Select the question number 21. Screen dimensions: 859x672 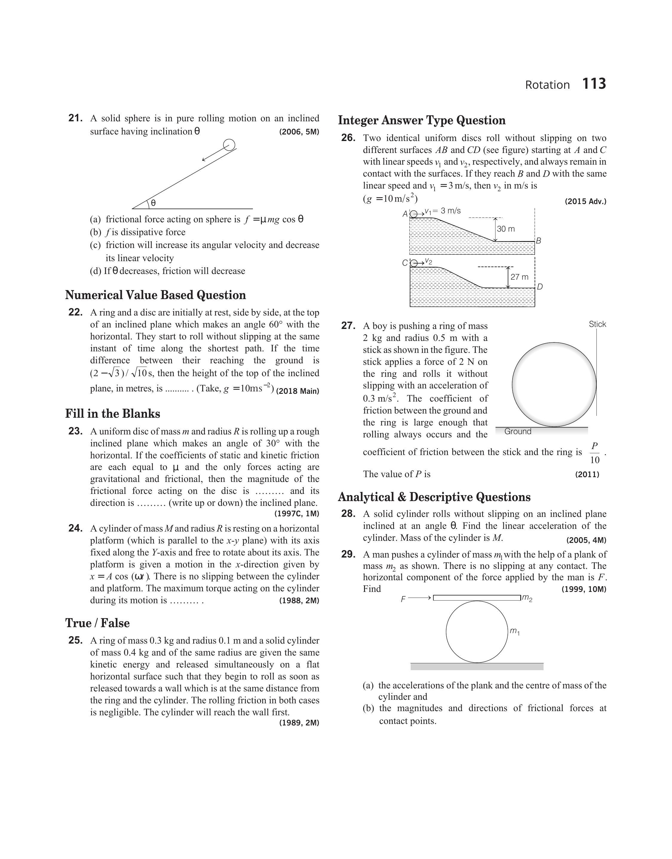pyautogui.click(x=76, y=118)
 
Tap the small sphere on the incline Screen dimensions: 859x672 pyautogui.click(x=229, y=145)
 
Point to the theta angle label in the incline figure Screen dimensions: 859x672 pyautogui.click(x=153, y=203)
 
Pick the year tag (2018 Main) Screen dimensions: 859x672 pyautogui.click(x=297, y=391)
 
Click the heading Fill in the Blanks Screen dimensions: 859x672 pyautogui.click(x=113, y=414)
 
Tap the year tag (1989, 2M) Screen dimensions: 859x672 pyautogui.click(x=299, y=723)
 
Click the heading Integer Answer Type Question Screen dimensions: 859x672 pyautogui.click(x=422, y=120)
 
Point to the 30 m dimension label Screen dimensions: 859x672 pyautogui.click(x=506, y=229)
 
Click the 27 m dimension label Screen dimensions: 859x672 pyautogui.click(x=519, y=277)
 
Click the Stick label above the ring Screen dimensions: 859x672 pyautogui.click(x=597, y=324)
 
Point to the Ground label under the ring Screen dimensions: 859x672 pyautogui.click(x=518, y=432)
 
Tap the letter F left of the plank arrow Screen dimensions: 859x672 pyautogui.click(x=403, y=599)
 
